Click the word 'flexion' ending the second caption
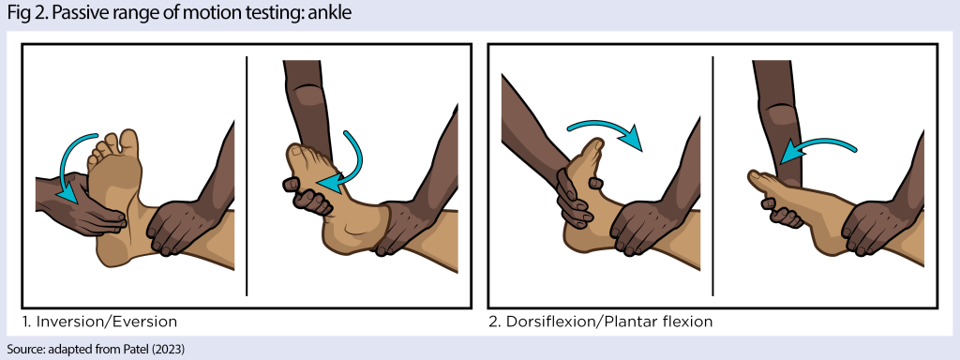coord(684,322)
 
